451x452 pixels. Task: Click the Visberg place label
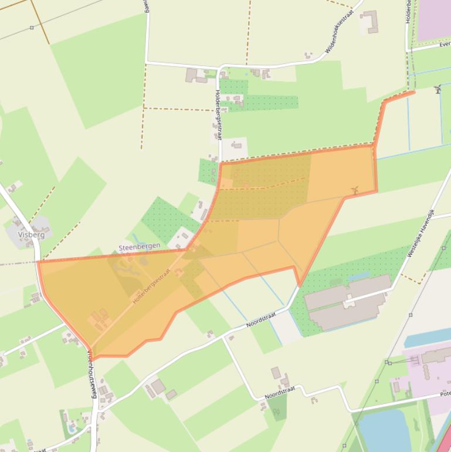pyautogui.click(x=31, y=234)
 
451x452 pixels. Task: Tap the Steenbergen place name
pyautogui.click(x=139, y=247)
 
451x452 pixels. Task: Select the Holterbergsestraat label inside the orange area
pyautogui.click(x=151, y=286)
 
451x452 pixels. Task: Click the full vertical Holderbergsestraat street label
pyautogui.click(x=219, y=114)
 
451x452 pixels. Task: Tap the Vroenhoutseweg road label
pyautogui.click(x=92, y=375)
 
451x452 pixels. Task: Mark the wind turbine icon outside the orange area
pyautogui.click(x=438, y=89)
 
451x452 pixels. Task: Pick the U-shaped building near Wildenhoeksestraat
pyautogui.click(x=370, y=22)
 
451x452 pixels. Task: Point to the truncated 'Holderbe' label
pyautogui.click(x=408, y=12)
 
